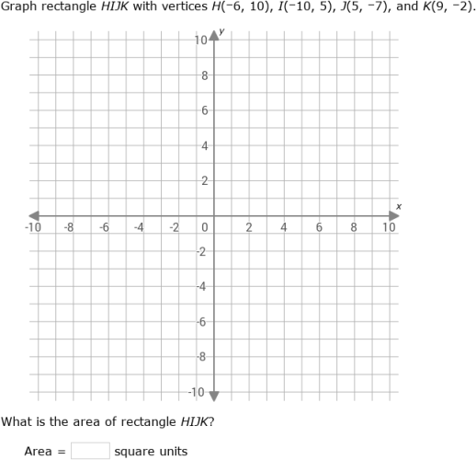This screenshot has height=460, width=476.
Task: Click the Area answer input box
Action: coord(90,451)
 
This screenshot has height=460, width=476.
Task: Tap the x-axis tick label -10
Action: coord(33,227)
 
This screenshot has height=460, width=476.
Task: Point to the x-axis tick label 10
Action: coord(389,227)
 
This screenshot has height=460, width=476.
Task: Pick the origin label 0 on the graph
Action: coord(205,227)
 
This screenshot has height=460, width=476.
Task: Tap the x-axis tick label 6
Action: coord(319,227)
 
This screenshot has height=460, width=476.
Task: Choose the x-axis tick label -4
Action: coord(139,227)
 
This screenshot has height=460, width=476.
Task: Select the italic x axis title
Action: coord(399,205)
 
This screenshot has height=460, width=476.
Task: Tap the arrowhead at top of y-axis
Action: coord(214,35)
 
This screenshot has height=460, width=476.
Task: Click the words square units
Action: coord(151,451)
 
